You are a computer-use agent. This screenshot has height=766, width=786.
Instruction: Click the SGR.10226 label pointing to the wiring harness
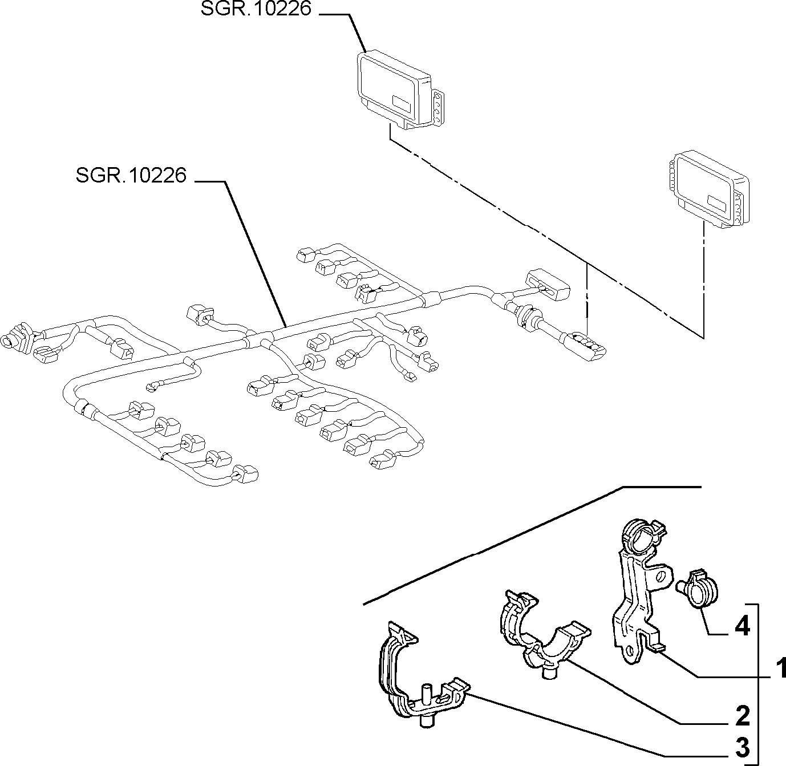click(x=131, y=175)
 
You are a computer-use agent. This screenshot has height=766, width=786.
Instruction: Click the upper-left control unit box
click(x=400, y=90)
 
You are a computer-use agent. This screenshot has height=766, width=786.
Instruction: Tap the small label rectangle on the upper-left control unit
click(x=402, y=103)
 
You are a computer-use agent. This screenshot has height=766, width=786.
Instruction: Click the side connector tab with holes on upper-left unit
click(x=438, y=107)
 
